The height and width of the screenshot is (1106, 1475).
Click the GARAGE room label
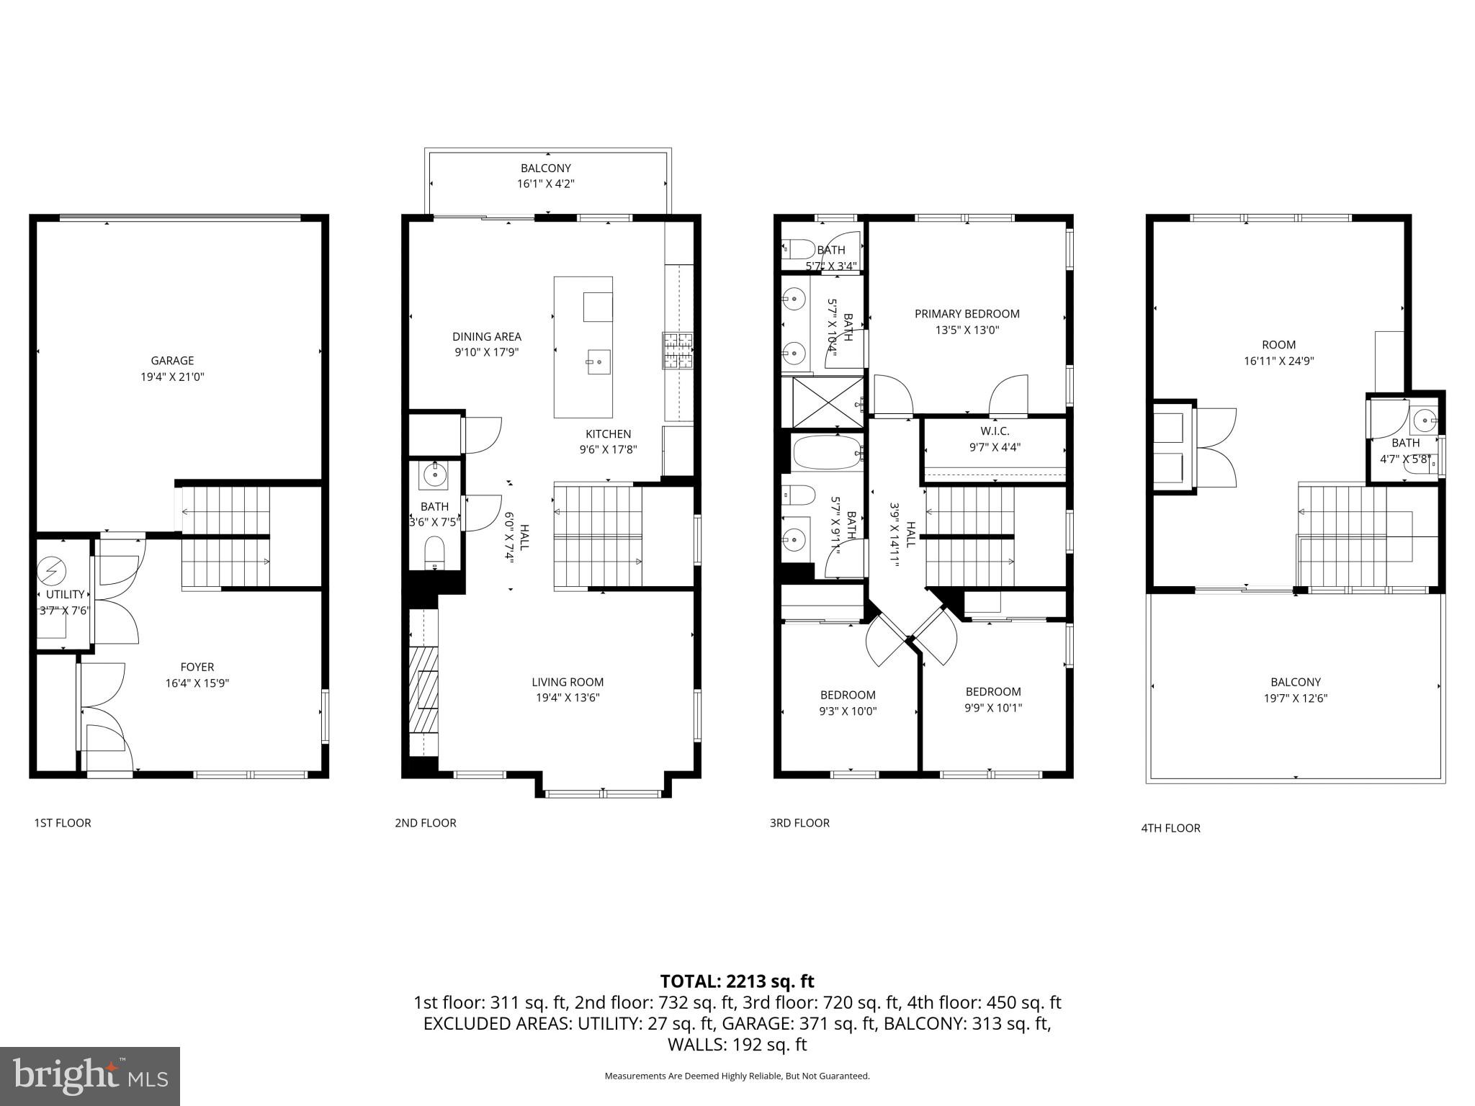172,361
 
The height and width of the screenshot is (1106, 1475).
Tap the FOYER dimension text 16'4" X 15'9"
197,683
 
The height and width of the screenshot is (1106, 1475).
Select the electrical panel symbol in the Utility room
52,571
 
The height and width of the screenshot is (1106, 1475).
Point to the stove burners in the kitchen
678,351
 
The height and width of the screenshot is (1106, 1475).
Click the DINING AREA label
486,336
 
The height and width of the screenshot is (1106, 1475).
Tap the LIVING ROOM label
568,682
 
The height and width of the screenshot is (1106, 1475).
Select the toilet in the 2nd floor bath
434,553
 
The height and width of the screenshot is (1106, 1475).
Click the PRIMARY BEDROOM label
967,314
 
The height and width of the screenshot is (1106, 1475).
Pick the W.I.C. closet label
995,431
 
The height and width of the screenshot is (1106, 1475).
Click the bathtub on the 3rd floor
827,452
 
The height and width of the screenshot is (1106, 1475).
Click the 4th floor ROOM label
1278,345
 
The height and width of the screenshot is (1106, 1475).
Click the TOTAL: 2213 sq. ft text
737,981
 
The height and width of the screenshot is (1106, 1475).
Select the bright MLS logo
90,1076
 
